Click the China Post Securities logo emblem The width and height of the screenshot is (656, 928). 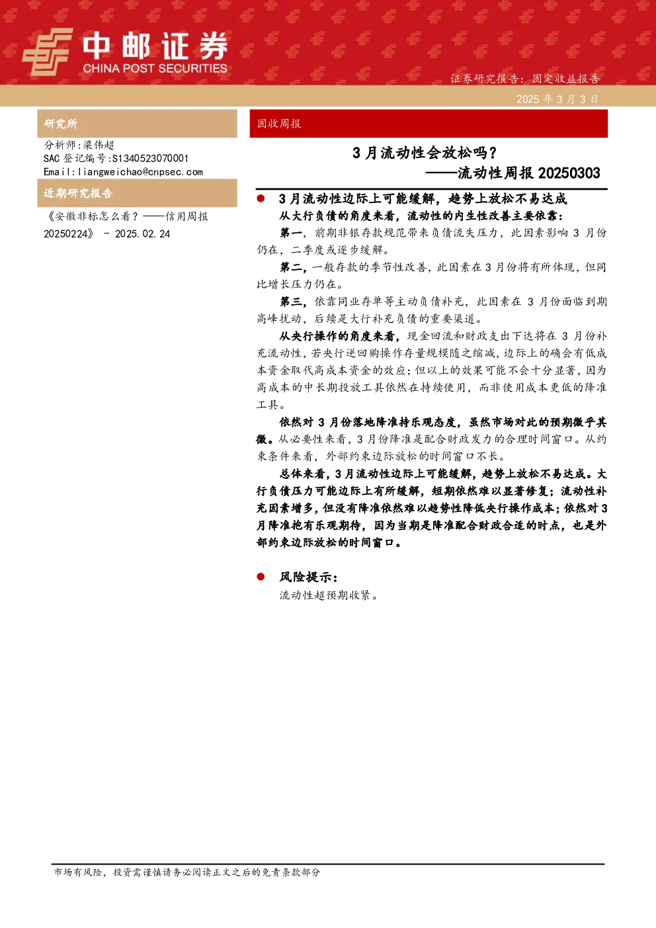pyautogui.click(x=47, y=52)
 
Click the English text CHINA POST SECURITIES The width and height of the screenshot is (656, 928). pyautogui.click(x=155, y=68)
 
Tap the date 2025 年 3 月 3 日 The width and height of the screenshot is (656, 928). pyautogui.click(x=557, y=99)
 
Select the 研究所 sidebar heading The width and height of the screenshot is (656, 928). pyautogui.click(x=60, y=124)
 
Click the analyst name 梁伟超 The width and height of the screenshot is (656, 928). pyautogui.click(x=99, y=145)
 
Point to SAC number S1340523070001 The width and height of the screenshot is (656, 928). pyautogui.click(x=150, y=158)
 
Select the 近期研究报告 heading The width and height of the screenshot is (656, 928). pyautogui.click(x=78, y=193)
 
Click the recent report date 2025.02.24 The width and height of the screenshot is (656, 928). pyautogui.click(x=142, y=234)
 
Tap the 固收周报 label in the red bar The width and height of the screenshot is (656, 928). pyautogui.click(x=278, y=124)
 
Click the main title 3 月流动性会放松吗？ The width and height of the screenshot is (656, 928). pyautogui.click(x=424, y=153)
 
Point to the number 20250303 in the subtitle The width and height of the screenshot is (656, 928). pyautogui.click(x=569, y=173)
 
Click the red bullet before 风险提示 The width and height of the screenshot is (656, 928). pyautogui.click(x=261, y=576)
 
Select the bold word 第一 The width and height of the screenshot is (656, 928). pyautogui.click(x=291, y=233)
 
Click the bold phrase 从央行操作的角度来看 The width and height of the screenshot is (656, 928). pyautogui.click(x=337, y=336)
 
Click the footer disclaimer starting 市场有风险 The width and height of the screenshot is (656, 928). pyautogui.click(x=186, y=872)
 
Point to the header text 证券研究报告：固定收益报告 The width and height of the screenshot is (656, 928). pyautogui.click(x=524, y=79)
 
